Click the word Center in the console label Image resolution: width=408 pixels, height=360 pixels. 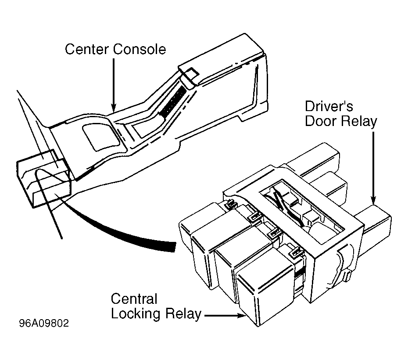click(87, 49)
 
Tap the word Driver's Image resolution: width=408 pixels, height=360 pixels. click(329, 106)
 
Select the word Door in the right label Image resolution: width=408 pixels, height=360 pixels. click(320, 121)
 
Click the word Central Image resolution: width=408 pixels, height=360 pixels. click(134, 299)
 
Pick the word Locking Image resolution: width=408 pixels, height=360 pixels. click(136, 314)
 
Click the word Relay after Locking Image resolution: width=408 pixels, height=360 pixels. click(183, 314)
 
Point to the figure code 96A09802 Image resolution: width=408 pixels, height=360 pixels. click(44, 323)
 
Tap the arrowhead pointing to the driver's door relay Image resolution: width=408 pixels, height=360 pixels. click(373, 200)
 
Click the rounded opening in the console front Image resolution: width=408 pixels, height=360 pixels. click(101, 137)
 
